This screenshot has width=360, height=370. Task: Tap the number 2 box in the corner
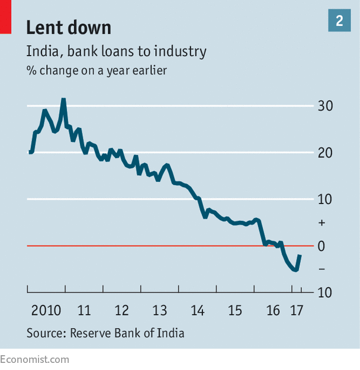click(339, 21)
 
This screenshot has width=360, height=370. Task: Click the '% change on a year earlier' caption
click(96, 70)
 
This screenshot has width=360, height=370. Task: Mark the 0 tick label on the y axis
click(322, 246)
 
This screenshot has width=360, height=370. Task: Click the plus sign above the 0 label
click(322, 223)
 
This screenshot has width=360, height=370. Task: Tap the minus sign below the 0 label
click(322, 269)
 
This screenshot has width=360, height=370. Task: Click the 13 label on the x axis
click(159, 310)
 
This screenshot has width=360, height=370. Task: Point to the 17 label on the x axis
click(297, 310)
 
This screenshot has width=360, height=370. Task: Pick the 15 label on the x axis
click(235, 310)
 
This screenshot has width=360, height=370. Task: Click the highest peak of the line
click(63, 100)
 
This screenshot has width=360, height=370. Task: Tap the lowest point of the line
click(295, 270)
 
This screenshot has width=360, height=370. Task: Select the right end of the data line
click(300, 256)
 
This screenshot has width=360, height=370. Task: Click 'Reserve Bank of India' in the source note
click(127, 333)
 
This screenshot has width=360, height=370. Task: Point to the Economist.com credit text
click(34, 359)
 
